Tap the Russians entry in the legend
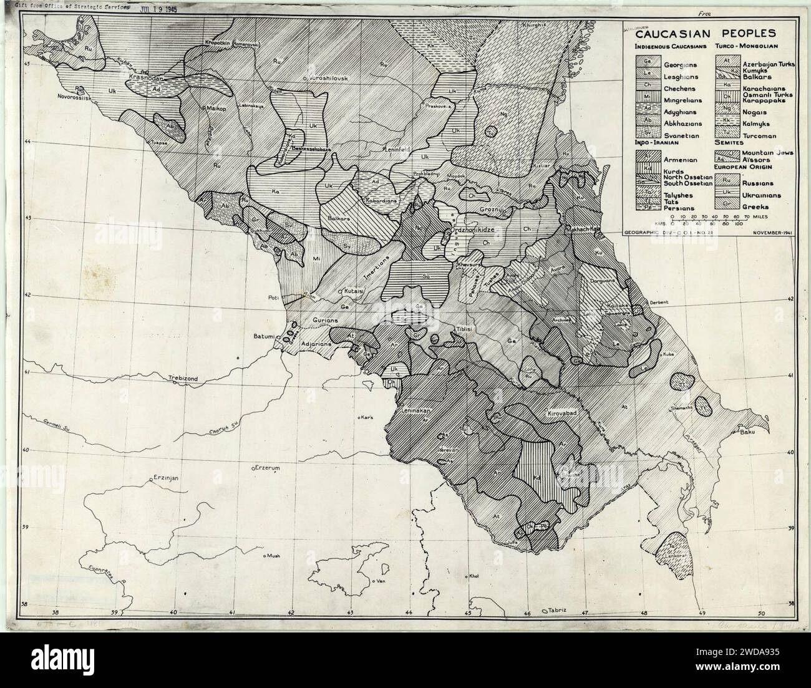757,183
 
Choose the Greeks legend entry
754,206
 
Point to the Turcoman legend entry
759,135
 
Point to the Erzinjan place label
167,478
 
